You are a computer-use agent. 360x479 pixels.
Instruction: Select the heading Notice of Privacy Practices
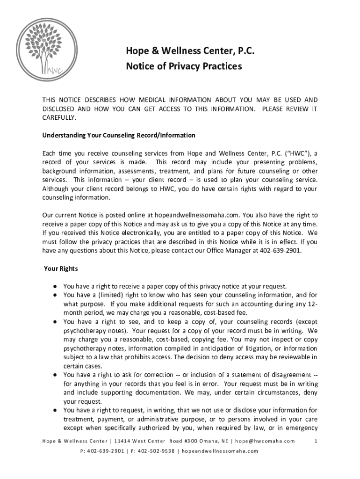click(184, 66)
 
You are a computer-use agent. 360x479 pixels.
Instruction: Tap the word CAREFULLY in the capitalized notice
click(59, 117)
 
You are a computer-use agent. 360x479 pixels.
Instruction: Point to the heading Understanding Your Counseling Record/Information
click(119, 135)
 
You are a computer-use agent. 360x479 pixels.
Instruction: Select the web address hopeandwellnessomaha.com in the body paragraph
click(197, 215)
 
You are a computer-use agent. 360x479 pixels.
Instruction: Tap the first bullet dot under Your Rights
click(55, 286)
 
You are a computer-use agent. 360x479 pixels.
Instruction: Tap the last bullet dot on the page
click(55, 410)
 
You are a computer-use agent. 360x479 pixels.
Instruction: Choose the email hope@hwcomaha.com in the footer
click(265, 441)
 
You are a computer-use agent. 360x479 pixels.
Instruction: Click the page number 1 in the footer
click(317, 441)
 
